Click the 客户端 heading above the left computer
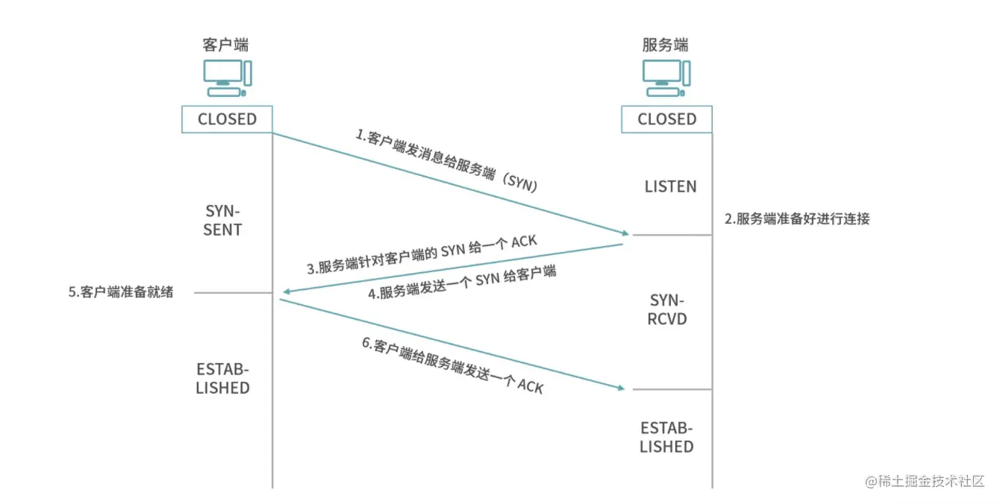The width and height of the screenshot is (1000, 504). click(226, 44)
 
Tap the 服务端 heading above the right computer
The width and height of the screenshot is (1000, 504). click(666, 44)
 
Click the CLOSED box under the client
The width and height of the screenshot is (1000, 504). click(227, 119)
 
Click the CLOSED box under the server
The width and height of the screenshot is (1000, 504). click(666, 119)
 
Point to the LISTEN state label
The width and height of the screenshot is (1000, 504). click(670, 186)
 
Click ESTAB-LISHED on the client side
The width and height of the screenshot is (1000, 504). click(222, 379)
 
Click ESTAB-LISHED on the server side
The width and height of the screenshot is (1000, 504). click(666, 438)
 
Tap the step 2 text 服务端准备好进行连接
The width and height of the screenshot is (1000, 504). click(797, 219)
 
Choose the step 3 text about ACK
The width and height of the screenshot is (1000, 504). click(421, 256)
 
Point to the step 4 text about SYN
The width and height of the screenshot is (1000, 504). click(463, 282)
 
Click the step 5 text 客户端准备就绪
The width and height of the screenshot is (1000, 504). click(121, 292)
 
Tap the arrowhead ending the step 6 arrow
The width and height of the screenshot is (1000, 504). click(618, 387)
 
